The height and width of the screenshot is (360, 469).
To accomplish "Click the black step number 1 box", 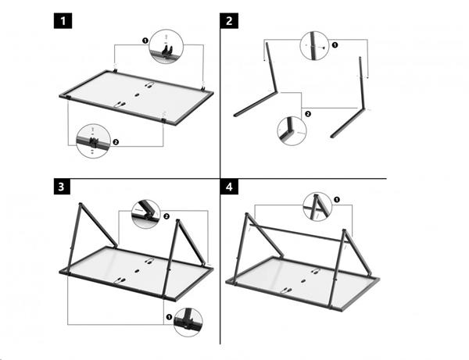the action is pos(63,21).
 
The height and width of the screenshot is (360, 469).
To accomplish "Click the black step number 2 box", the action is pos(229,21).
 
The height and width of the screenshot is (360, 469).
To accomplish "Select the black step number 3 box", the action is pos(62,187).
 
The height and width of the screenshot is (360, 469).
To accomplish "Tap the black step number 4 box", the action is pos(229,187).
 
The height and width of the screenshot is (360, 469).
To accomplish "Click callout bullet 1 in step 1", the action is pos(145,41).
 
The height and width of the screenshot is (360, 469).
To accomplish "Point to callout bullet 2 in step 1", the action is pos(116,142).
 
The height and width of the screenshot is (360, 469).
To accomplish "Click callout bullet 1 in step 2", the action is pos(335,45).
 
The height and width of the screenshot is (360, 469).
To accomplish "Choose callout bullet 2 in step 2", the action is pos(307,114).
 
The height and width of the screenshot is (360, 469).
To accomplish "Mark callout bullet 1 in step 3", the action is pos(169,317).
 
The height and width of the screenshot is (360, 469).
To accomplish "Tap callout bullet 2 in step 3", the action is pos(166,216).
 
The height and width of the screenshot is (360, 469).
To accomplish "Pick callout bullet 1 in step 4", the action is pos(336,199).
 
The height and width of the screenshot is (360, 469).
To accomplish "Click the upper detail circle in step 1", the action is pos(166,46).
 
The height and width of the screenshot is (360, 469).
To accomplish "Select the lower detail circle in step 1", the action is pos(93,141).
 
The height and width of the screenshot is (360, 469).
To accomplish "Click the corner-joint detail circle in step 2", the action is pos(292,131).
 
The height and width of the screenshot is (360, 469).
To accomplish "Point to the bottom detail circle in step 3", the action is pos(188,323).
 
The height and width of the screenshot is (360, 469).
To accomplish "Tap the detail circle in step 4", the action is pos(317,207).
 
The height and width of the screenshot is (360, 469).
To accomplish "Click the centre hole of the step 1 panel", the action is pos(137,95).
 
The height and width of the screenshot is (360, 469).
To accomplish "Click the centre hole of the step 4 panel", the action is pos(303,281).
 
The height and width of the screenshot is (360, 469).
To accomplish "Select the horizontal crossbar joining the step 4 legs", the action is pos(299,233).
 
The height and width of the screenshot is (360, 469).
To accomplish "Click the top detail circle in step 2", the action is pos(314,46).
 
